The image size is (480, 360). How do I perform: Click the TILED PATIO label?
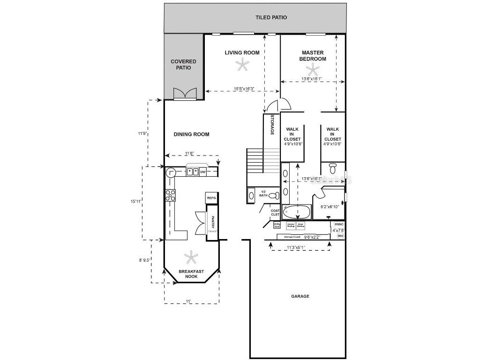point(271,17)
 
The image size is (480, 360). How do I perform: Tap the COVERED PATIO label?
point(183,65)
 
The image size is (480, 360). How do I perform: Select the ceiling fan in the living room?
point(242,66)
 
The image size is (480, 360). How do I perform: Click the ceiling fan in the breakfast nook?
point(191,256)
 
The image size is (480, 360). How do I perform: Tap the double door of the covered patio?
point(184,94)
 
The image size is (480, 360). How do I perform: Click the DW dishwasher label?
point(203,172)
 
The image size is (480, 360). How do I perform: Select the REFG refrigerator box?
point(211,198)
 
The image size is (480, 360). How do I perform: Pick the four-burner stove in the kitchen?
point(170,195)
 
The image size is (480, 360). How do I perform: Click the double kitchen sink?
point(192,172)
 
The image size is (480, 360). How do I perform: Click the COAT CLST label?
point(275,213)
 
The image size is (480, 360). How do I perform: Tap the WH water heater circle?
point(340,236)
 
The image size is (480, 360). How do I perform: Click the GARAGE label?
point(300,296)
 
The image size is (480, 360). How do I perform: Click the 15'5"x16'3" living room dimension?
point(244,89)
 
